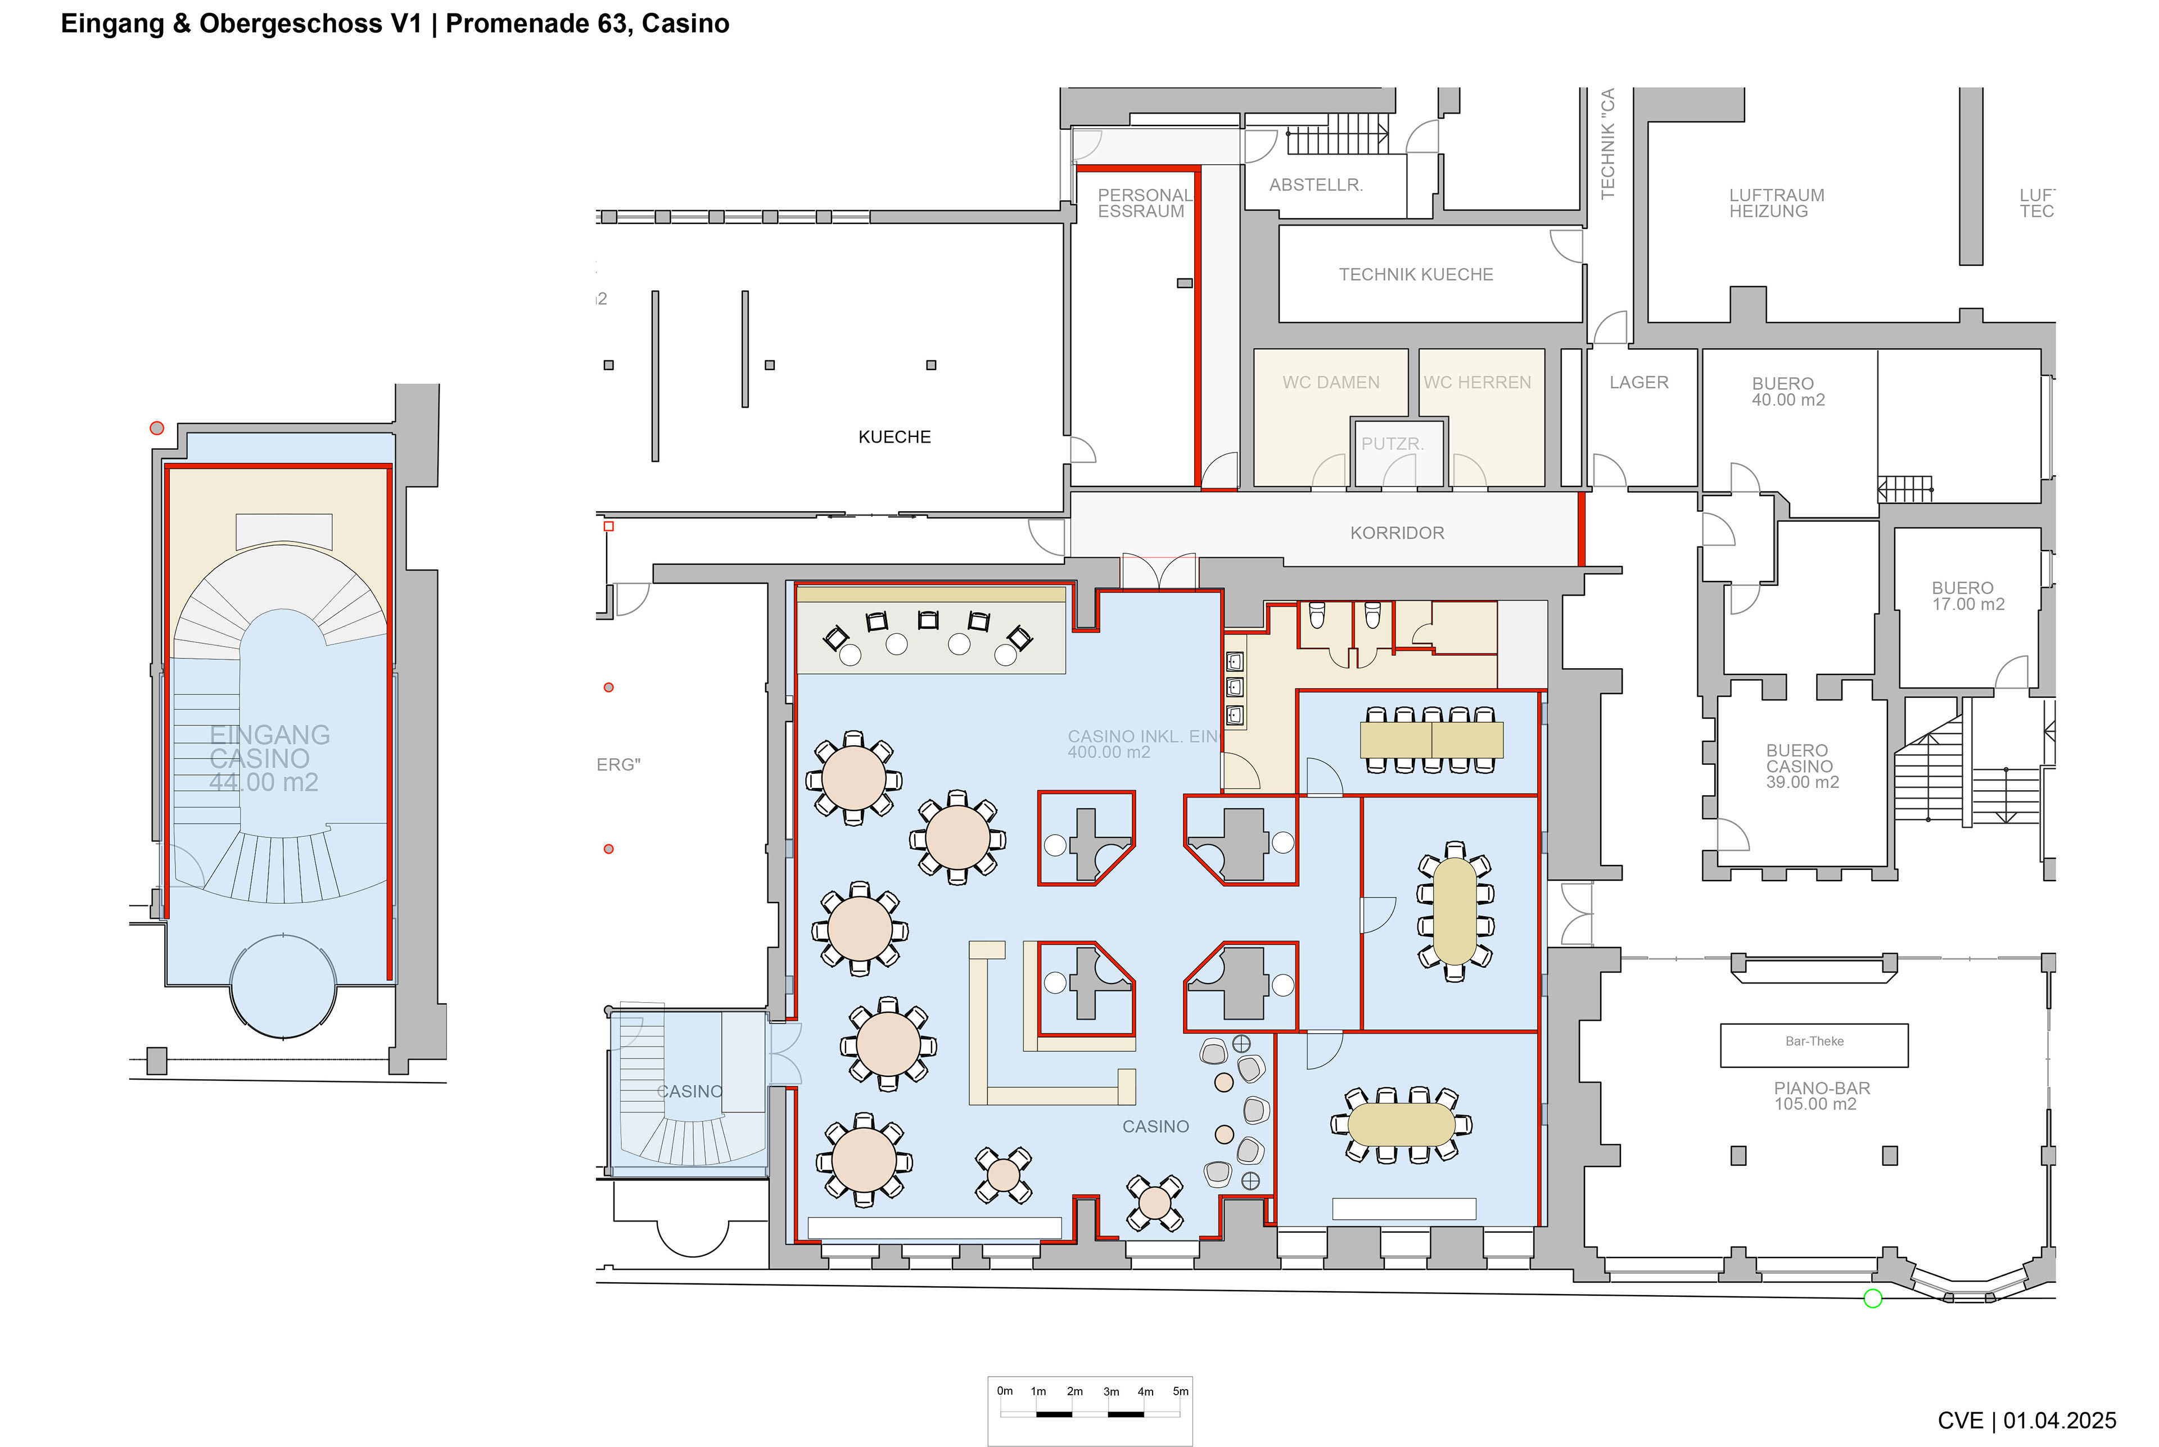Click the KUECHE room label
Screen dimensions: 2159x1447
894,436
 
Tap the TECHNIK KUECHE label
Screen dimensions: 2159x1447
1415,274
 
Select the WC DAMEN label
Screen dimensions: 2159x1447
1330,382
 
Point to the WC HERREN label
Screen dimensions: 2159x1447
1476,382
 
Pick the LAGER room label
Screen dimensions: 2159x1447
1638,382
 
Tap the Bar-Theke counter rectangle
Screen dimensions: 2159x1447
1814,1045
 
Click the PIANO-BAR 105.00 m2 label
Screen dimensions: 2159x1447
1821,1096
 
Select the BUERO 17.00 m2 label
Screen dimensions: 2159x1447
1967,596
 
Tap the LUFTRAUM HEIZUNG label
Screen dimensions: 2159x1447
1776,203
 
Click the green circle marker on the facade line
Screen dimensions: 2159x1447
1873,1299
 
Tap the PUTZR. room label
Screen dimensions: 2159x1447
1392,444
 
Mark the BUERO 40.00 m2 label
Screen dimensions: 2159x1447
1787,391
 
